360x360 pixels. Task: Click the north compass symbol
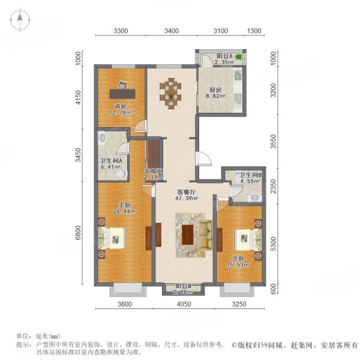pos(19,20)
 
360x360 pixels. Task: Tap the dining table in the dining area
pos(170,91)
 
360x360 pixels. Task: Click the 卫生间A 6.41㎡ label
pos(112,164)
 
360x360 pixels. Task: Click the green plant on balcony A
pos(239,58)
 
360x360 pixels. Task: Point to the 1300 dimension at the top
pos(254,31)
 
